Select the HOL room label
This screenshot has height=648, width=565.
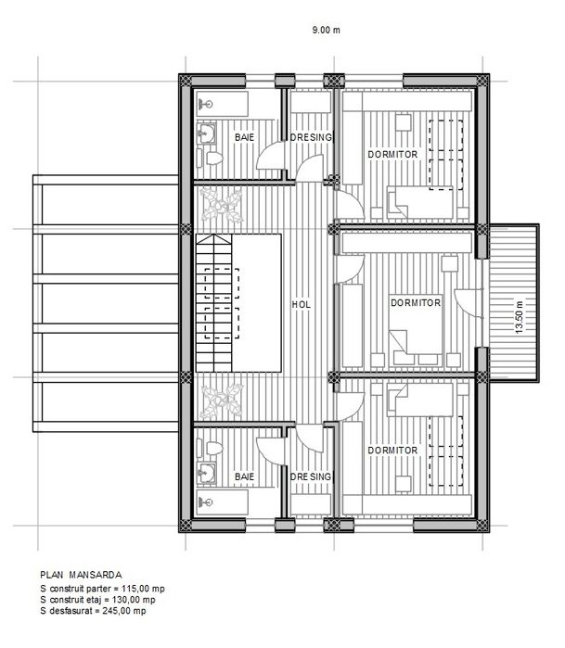click(300, 303)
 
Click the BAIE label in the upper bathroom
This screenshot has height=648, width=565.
click(245, 137)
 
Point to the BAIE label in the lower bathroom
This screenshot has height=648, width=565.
click(245, 476)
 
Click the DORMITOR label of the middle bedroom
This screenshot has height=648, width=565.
click(415, 302)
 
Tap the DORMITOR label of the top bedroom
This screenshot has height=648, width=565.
click(391, 153)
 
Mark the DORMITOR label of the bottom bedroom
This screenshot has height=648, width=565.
click(391, 451)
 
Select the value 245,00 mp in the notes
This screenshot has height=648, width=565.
click(123, 611)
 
